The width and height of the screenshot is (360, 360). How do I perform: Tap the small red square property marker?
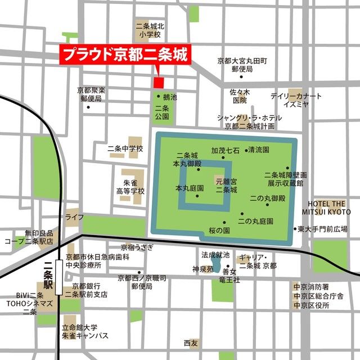tap(159, 83)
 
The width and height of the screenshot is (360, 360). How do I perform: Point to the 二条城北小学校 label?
tap(148, 30)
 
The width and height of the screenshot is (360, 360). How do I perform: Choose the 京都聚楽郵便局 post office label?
tap(91, 94)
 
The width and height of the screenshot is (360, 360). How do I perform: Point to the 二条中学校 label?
tap(125, 149)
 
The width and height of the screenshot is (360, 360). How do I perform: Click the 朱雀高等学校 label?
tap(130, 187)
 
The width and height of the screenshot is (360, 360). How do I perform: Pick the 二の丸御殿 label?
tap(268, 199)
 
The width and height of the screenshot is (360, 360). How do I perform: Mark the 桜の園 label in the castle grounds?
tap(219, 231)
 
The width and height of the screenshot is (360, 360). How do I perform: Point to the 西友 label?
tap(191, 343)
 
